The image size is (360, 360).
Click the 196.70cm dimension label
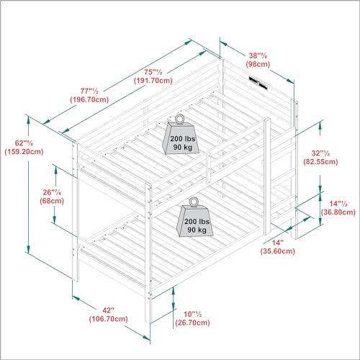click(89, 99)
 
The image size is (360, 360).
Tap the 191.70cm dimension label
click(153, 81)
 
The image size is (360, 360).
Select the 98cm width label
click(258, 64)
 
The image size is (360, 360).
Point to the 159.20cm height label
click(24, 152)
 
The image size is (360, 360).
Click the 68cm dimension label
click(52, 201)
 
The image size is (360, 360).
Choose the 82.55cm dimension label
click(320, 162)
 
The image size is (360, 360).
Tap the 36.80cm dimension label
click(338, 212)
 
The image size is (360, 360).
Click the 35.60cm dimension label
click(278, 251)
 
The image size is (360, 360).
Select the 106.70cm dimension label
click(109, 319)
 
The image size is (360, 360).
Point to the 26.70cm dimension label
click(192, 323)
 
